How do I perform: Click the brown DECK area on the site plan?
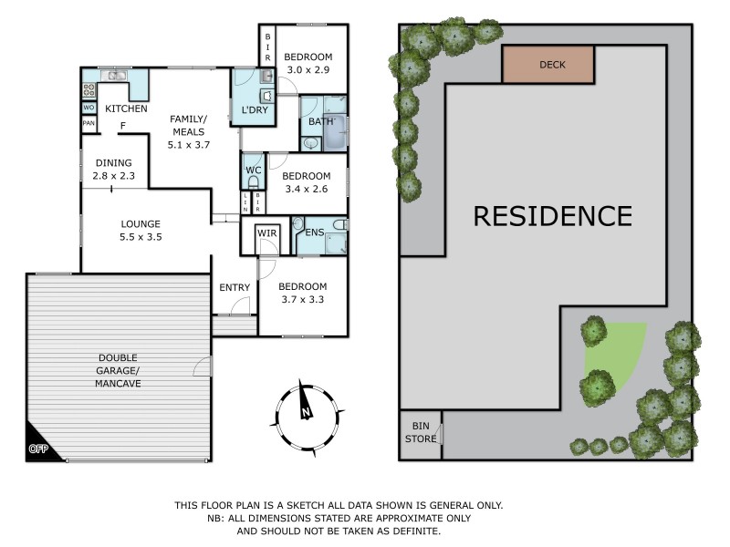[547, 64]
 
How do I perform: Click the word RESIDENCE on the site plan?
[552, 216]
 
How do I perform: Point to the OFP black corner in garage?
[39, 447]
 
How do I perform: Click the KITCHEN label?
[126, 109]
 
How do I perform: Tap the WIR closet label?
[267, 233]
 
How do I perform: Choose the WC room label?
[253, 169]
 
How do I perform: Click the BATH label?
[321, 121]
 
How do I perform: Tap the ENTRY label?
[235, 288]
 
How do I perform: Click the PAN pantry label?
[89, 123]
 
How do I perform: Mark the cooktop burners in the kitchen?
[90, 90]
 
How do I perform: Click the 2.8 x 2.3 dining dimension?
[114, 177]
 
